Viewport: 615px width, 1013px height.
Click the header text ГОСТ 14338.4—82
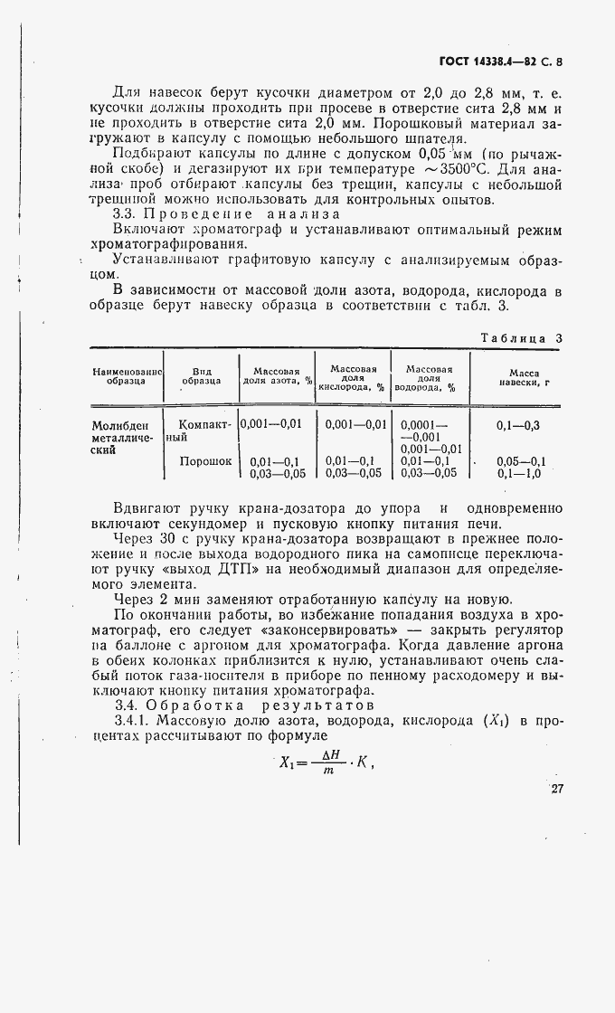pos(489,62)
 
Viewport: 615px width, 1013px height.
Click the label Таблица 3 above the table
pos(521,337)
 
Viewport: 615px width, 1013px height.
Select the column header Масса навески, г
pos(524,376)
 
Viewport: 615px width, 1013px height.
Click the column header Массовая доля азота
pos(276,376)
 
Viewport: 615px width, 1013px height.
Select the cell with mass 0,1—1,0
pos(519,472)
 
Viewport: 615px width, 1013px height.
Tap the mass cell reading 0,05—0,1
pos(519,460)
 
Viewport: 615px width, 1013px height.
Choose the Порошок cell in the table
pos(205,460)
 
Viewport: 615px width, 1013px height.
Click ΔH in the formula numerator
pos(329,751)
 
